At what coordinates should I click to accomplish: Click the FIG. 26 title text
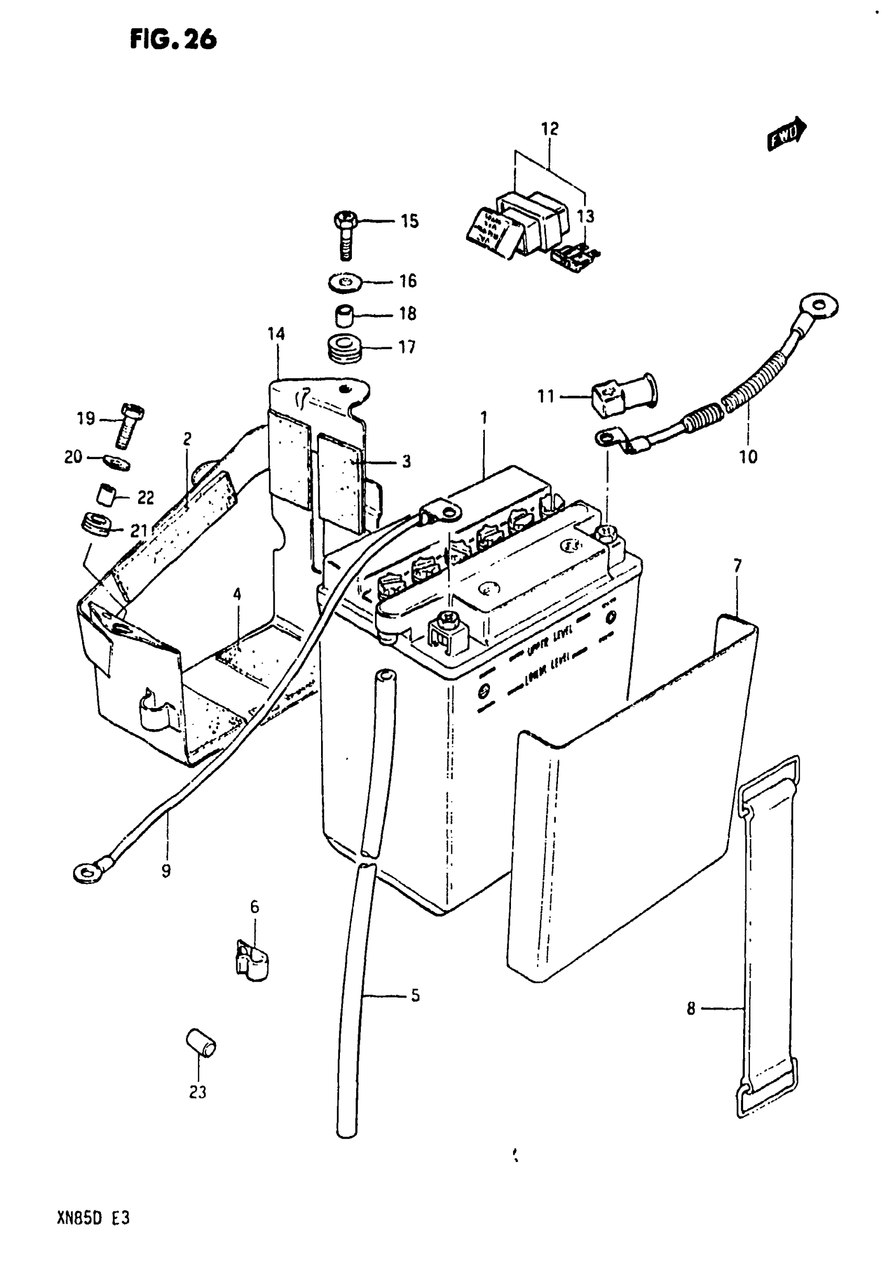(x=173, y=39)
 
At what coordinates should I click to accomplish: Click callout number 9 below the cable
(x=166, y=870)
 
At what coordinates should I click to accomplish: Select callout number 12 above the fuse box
(x=550, y=129)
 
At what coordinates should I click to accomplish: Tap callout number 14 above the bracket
(x=276, y=333)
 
